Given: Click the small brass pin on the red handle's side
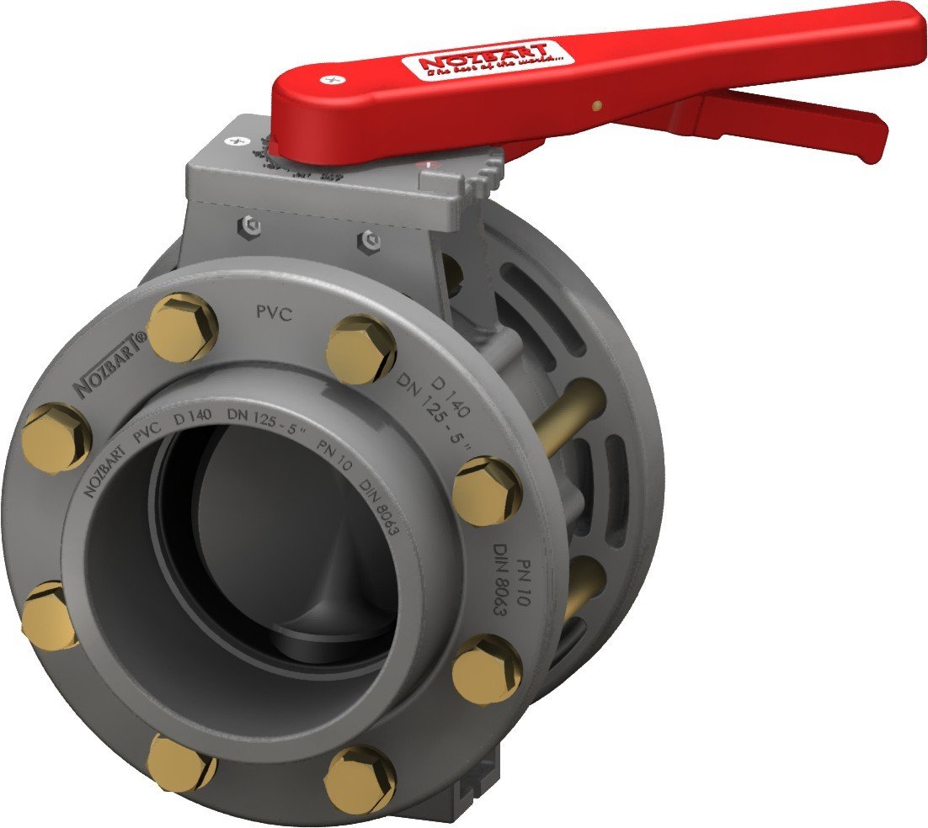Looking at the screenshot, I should (596, 106).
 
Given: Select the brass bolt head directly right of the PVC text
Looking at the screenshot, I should (361, 348).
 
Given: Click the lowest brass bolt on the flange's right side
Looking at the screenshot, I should (487, 669).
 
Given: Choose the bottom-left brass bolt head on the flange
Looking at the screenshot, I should (179, 762).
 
